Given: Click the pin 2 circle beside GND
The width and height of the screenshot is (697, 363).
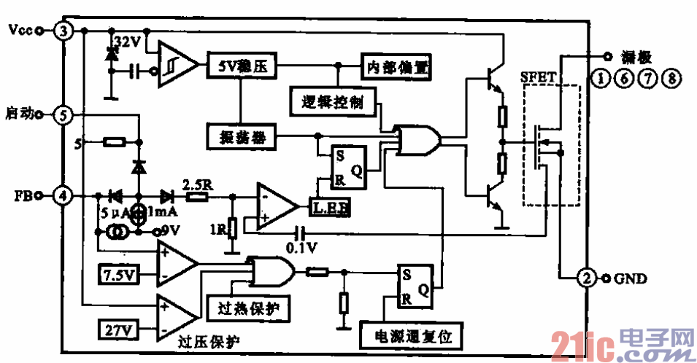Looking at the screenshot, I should click(585, 278).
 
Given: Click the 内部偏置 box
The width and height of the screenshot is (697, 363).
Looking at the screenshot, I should click(393, 67).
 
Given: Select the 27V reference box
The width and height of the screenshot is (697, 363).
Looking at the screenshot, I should click(117, 330).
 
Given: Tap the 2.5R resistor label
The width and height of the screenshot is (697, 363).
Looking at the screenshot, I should click(196, 184).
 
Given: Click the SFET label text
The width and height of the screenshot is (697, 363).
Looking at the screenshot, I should click(538, 77).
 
